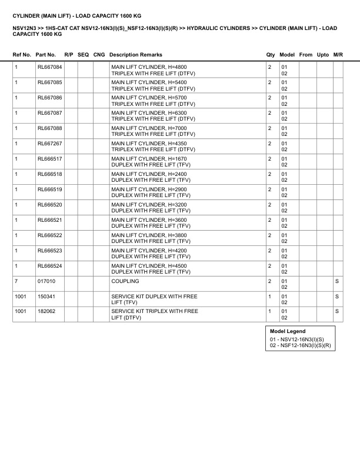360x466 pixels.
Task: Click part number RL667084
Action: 49,67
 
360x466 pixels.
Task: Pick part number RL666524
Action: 49,266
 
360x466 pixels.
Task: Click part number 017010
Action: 46,281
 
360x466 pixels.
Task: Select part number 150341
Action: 46,297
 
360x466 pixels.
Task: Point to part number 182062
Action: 46,311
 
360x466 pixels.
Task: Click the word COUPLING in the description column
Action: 124,281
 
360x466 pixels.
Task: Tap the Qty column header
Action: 271,54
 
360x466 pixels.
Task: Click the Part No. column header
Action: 46,54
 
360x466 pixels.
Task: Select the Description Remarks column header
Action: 136,54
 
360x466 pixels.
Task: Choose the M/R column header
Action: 338,54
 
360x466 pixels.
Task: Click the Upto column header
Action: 323,54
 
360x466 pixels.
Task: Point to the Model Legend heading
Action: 288,331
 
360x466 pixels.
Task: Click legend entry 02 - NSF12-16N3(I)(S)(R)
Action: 301,346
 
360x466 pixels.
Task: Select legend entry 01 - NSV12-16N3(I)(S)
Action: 297,339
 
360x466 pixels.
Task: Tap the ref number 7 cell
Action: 16,281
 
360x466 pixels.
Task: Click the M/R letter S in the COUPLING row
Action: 337,281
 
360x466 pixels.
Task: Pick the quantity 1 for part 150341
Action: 269,297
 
